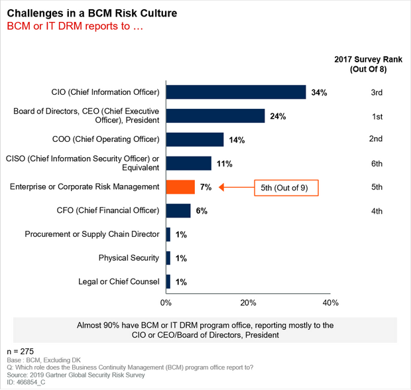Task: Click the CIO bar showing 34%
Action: (236, 92)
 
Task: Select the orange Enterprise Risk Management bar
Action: (180, 187)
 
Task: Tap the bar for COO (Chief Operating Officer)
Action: (195, 139)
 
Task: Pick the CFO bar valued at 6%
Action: (178, 211)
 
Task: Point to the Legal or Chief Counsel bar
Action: (168, 282)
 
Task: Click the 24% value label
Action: (278, 116)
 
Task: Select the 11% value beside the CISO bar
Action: (224, 164)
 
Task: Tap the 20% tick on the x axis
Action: (248, 303)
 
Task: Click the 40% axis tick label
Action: (331, 303)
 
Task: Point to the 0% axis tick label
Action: (166, 303)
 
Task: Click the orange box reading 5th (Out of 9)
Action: (286, 188)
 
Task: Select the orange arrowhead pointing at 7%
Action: (221, 187)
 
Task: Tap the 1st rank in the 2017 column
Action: (377, 117)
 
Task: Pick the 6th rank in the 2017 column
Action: (377, 164)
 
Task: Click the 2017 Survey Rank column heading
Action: (369, 64)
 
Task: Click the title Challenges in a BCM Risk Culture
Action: (92, 13)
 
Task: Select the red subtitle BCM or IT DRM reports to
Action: (75, 27)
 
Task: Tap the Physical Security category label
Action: (129, 258)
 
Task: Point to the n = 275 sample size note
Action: (21, 352)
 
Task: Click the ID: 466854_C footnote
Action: (26, 383)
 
